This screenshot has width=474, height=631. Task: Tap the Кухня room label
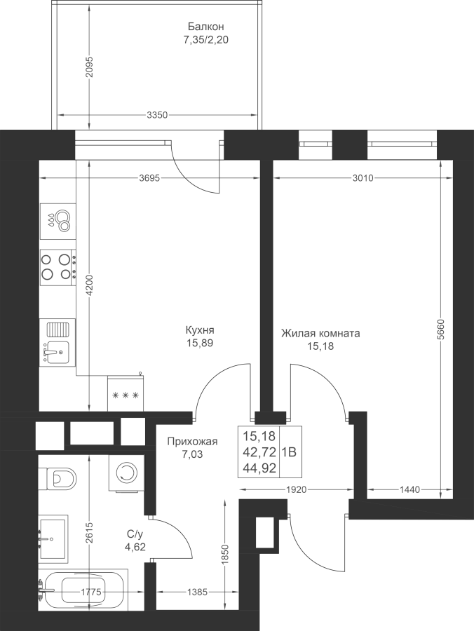199,330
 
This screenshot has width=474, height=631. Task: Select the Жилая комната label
320,333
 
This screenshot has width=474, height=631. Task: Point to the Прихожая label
192,442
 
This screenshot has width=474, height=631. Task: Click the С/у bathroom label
135,535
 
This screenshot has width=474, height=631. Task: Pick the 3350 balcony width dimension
157,115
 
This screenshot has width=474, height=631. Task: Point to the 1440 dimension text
409,490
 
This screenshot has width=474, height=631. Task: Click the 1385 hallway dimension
199,593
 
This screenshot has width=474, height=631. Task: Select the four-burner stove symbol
57,266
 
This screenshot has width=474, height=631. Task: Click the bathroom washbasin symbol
53,538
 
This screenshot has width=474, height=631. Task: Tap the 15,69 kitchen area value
199,344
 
